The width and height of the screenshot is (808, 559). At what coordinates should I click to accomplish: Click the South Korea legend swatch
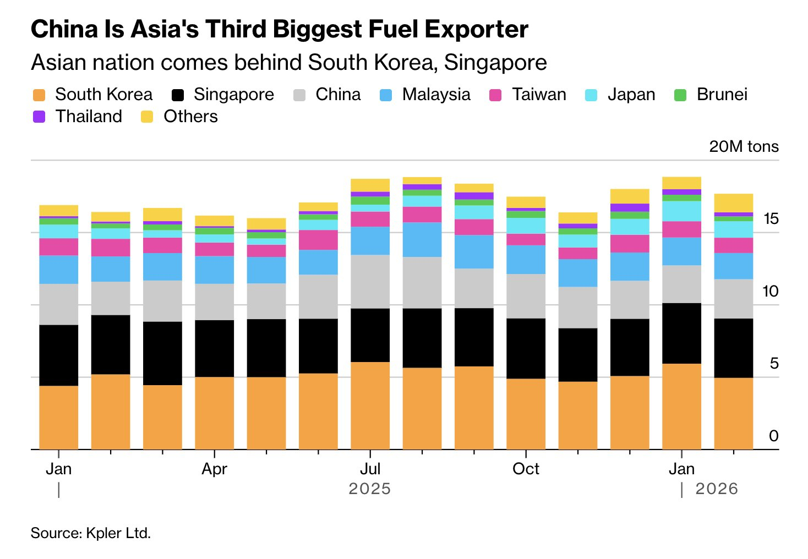click(x=39, y=95)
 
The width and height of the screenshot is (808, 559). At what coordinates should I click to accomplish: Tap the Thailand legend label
click(x=89, y=117)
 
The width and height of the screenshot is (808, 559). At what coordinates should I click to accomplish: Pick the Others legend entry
click(x=190, y=117)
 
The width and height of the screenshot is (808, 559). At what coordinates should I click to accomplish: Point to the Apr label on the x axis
click(x=214, y=469)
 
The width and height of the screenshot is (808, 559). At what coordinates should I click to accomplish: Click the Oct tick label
click(x=526, y=469)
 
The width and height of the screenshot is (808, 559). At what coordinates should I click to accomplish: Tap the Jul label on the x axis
click(x=370, y=469)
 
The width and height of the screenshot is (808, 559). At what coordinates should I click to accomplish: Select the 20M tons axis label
click(x=744, y=146)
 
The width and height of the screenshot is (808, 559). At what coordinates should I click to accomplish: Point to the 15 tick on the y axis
click(x=771, y=219)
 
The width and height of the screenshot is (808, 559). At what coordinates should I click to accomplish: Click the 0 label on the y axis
click(x=773, y=436)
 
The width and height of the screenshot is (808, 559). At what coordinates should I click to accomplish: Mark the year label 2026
click(x=716, y=489)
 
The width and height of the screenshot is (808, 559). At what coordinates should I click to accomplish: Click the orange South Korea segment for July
click(x=370, y=405)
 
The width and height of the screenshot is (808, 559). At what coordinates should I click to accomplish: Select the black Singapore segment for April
click(x=214, y=348)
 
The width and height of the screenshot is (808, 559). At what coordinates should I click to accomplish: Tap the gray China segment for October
click(x=526, y=296)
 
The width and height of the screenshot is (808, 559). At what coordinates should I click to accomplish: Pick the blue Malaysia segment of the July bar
click(x=370, y=240)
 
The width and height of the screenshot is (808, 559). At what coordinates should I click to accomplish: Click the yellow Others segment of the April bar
click(x=214, y=221)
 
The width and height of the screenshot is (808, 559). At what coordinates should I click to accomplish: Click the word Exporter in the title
click(x=472, y=29)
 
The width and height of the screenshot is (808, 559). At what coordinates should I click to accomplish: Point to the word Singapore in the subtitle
click(x=495, y=63)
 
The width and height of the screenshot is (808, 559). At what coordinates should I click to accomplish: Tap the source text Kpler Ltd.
click(x=118, y=533)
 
